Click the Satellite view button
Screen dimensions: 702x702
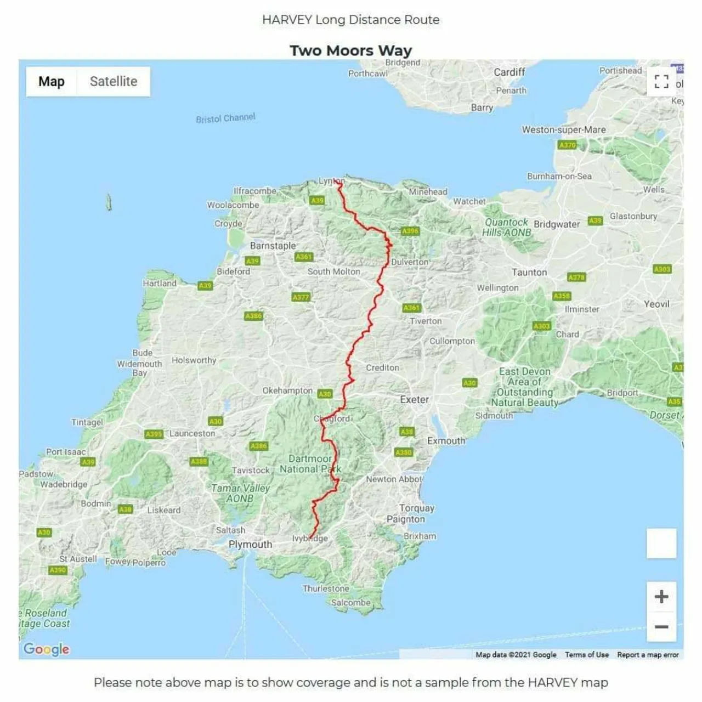pos(114,82)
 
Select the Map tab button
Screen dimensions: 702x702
pos(52,82)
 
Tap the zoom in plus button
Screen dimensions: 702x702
pos(661,597)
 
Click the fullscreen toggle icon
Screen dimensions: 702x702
pos(661,82)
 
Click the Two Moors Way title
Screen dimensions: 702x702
pos(350,50)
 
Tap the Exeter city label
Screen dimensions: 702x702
pos(414,400)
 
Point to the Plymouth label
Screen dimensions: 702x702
pos(250,545)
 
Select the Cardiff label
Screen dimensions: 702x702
pos(509,72)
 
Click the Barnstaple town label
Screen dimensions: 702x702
pos(273,246)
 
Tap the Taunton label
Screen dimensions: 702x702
pos(529,273)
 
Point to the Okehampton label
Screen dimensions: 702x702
pos(287,390)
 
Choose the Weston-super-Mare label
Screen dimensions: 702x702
pos(563,130)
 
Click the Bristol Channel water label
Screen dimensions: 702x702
pos(225,118)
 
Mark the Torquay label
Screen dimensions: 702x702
pos(416,508)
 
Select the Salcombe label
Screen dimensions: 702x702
pos(350,602)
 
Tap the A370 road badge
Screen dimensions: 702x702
pos(567,145)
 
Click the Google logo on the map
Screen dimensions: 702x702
pos(47,649)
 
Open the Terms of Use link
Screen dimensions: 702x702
pos(586,655)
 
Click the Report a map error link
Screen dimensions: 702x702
pos(648,655)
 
